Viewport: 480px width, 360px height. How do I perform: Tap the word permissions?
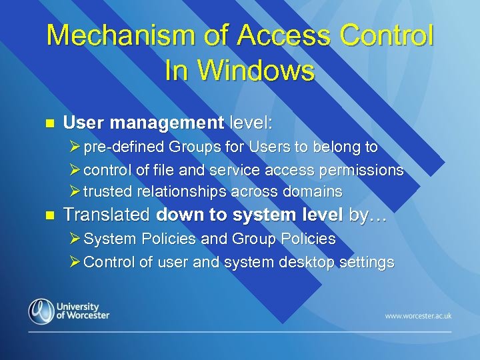point(361,169)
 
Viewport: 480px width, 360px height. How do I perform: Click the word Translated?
point(107,215)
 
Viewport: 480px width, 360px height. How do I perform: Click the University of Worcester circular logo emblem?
point(41,311)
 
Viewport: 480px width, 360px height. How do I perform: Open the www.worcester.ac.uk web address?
point(418,315)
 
